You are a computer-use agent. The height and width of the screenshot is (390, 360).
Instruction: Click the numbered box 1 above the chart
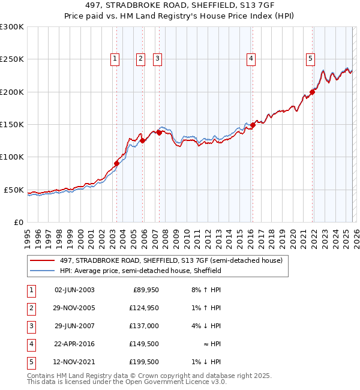pos(115,59)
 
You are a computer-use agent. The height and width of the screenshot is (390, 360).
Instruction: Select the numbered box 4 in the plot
pos(250,59)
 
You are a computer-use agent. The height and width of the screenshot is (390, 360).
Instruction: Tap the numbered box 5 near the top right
pos(310,59)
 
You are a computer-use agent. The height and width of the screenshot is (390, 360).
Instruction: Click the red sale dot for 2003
pos(116,163)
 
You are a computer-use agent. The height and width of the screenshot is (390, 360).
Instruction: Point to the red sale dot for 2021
pos(313,92)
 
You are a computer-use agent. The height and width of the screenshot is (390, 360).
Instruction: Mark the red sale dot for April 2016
pos(253,125)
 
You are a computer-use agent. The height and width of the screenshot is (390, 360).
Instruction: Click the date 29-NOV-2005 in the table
pos(74,308)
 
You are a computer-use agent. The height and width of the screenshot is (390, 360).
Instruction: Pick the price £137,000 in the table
pos(144,326)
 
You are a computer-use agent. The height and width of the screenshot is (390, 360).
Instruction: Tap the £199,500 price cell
pos(144,362)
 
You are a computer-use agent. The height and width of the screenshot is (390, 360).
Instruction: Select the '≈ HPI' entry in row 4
pos(211,344)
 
